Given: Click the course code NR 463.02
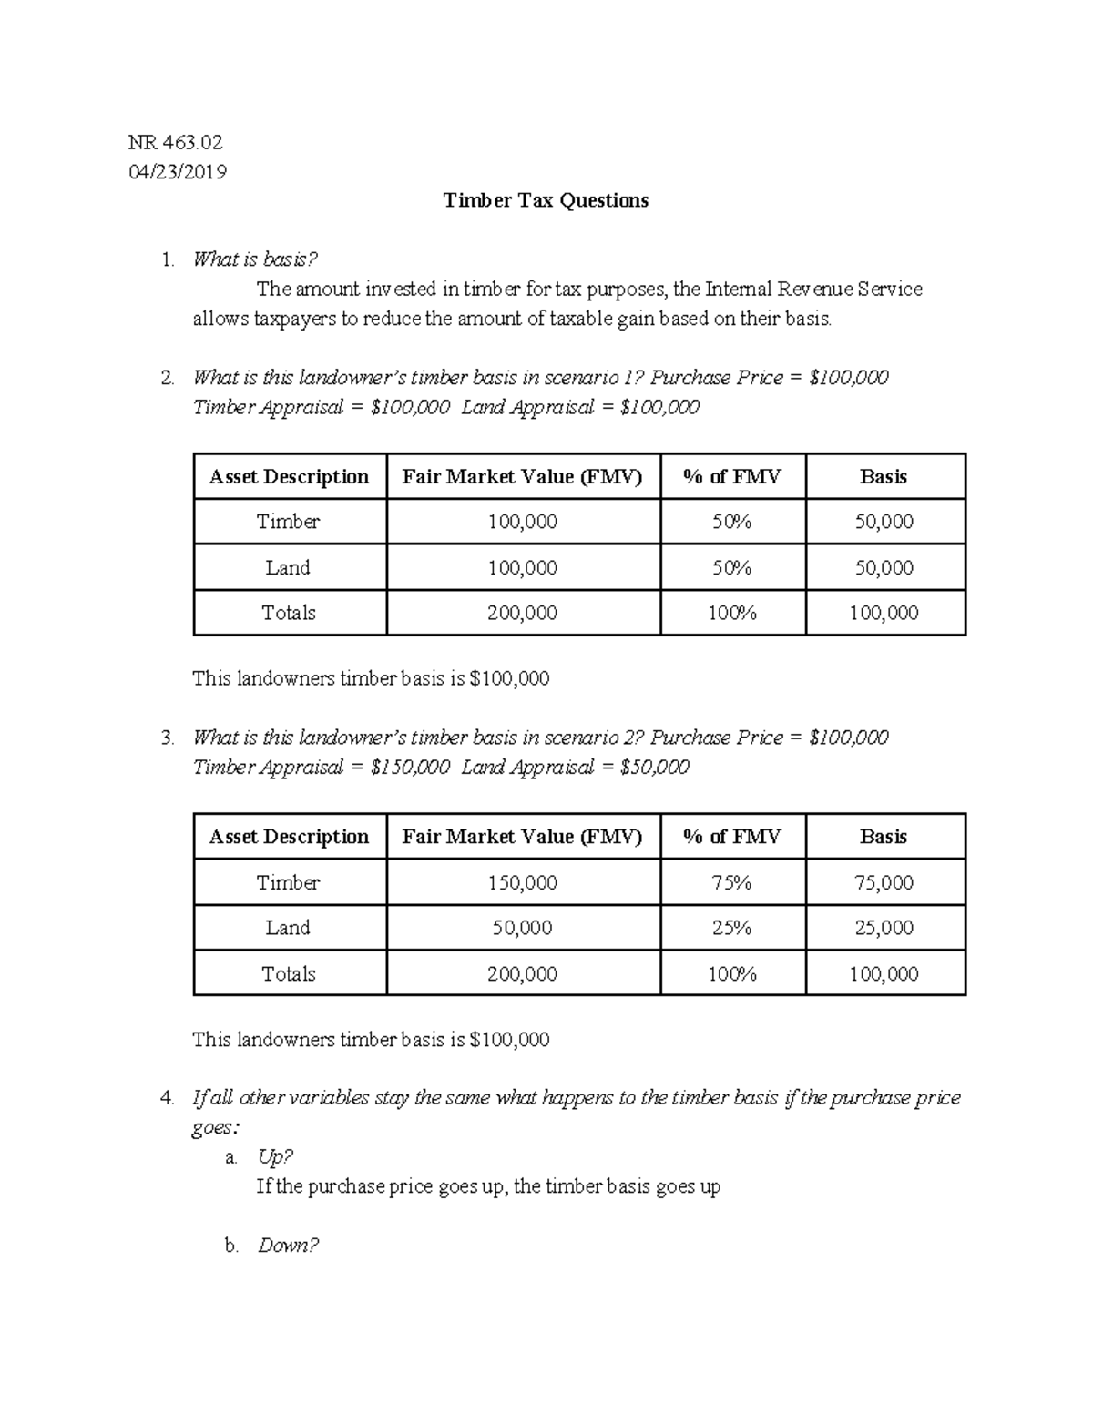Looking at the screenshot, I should coord(175,142).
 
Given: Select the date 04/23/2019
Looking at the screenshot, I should coord(178,172).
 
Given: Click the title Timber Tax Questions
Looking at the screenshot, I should coord(546,200).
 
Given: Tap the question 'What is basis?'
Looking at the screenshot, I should coord(255,259).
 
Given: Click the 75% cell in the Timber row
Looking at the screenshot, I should coord(731,882).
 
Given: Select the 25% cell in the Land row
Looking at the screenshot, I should coord(731,928).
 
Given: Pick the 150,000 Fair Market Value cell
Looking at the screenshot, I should coord(522,882).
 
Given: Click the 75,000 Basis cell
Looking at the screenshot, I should coord(884,882).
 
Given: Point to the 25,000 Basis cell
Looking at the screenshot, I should coord(884,928).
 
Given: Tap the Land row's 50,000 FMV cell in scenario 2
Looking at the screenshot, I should coord(522,928).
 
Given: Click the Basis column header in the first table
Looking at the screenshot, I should coord(884,476).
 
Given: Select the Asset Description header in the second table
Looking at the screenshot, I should coord(289,837).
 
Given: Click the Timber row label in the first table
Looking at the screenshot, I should coord(288,522).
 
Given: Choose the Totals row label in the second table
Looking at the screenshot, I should coord(288,973).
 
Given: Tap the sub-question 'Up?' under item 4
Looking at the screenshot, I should coord(275,1156).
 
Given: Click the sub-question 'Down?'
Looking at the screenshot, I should coord(288,1245).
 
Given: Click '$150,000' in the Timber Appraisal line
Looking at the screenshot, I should coord(410,767).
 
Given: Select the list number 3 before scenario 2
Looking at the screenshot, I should coord(167,738).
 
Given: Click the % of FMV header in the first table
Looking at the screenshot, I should coord(731,476).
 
